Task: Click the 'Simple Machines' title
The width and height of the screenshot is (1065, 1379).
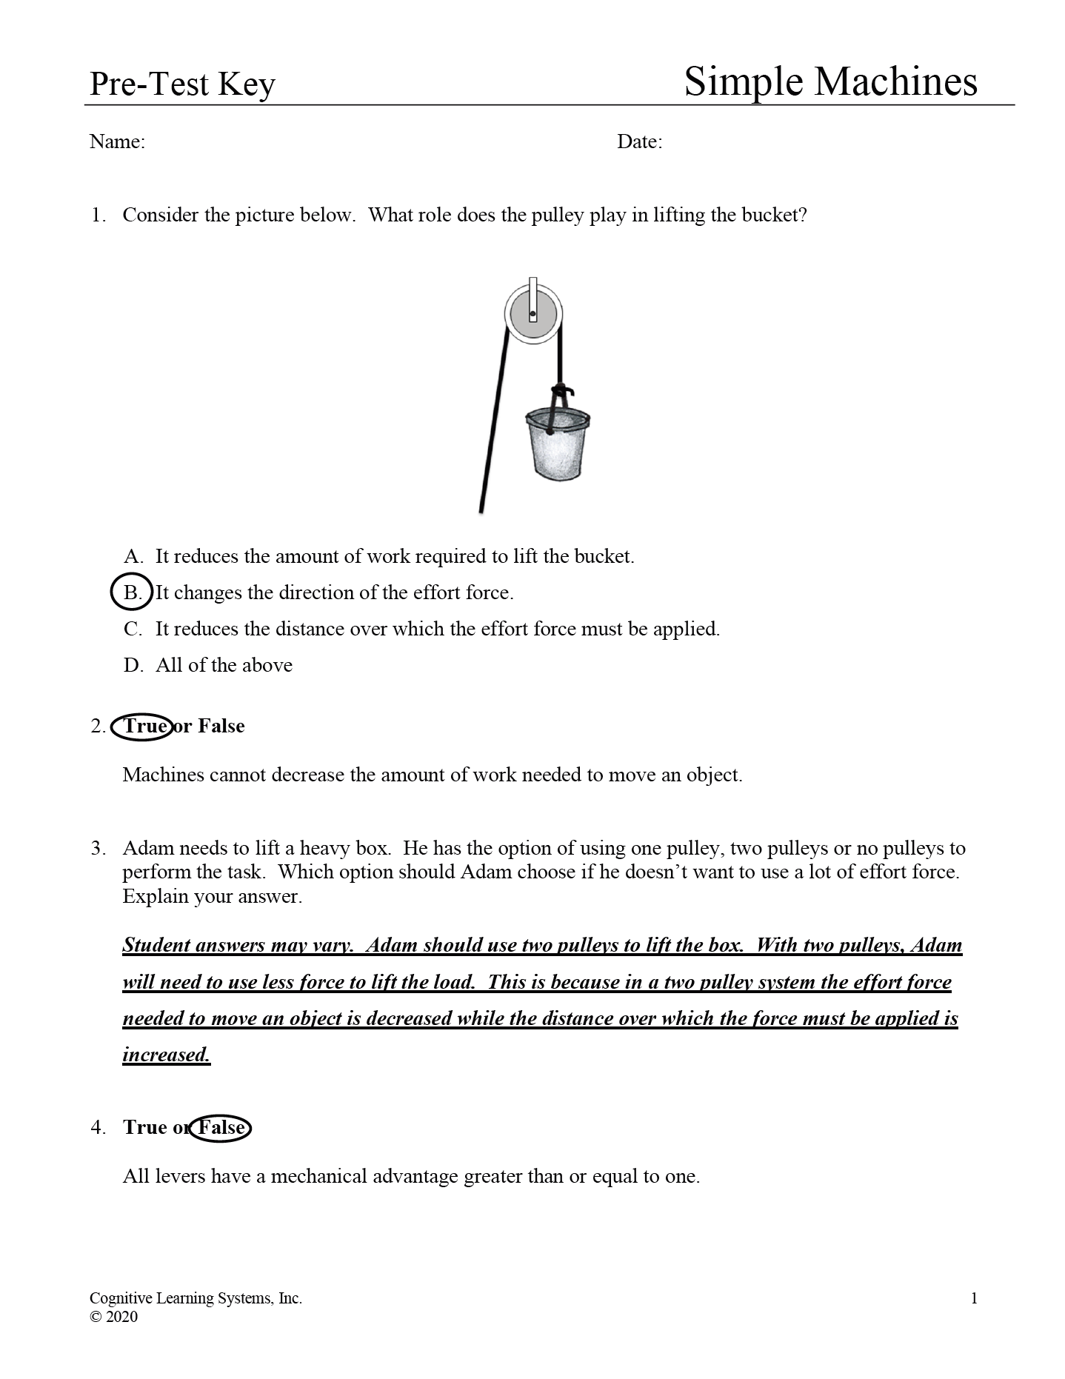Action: (x=829, y=81)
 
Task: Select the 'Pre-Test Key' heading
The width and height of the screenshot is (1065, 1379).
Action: (x=182, y=84)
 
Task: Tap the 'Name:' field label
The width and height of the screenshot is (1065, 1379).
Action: (x=117, y=141)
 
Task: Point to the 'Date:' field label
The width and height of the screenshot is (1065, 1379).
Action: (x=639, y=141)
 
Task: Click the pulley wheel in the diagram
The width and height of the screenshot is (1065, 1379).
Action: (x=533, y=312)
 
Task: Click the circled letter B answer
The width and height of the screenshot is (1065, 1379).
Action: (x=132, y=592)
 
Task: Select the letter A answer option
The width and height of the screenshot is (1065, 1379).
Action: (x=133, y=556)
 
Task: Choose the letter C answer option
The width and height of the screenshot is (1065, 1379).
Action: (x=133, y=629)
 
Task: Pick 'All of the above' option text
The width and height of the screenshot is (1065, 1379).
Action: (x=224, y=665)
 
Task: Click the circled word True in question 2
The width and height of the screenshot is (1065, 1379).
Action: (x=142, y=726)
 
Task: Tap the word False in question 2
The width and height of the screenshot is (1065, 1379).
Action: (x=221, y=726)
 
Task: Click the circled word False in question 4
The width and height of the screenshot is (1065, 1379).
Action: (x=221, y=1127)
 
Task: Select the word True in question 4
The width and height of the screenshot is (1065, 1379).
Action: (x=145, y=1127)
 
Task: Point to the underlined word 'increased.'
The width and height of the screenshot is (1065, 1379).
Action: (x=167, y=1055)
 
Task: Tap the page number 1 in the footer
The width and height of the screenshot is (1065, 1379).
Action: (x=974, y=1298)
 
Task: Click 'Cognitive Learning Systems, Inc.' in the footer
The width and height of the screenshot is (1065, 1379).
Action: (x=196, y=1298)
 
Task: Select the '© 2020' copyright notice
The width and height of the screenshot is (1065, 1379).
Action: (x=113, y=1317)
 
